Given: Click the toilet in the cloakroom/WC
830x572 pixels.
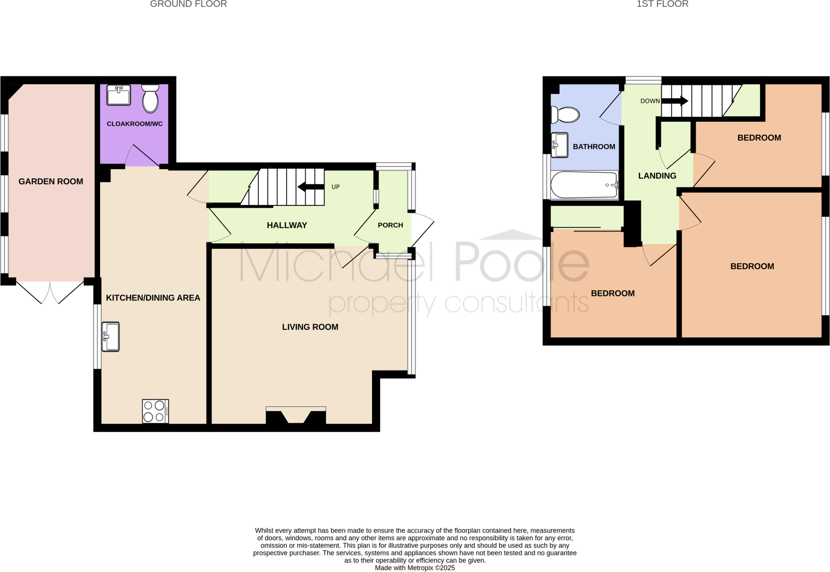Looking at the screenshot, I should (150, 99).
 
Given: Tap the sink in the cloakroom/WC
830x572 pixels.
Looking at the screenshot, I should (118, 95).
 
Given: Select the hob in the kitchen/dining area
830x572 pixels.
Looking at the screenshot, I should (155, 411).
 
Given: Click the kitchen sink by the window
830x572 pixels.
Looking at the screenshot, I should (110, 336).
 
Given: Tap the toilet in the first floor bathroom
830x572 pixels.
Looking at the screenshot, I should (566, 115).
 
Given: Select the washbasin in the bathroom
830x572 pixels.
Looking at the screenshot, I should (559, 145).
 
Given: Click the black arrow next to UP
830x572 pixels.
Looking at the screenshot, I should (311, 187).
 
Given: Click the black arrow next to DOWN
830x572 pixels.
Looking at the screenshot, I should (675, 101).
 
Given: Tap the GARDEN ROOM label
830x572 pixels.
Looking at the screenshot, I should (51, 182).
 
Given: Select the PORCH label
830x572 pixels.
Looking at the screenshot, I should (390, 225).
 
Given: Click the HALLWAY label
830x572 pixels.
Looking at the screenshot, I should (287, 225).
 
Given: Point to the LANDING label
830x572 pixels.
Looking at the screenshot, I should (657, 176).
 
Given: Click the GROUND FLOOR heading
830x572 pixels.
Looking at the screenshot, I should (188, 4).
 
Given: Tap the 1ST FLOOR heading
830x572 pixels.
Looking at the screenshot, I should (662, 4).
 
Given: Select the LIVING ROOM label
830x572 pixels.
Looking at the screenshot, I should (310, 327).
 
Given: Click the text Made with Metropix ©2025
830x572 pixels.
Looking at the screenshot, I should (415, 568).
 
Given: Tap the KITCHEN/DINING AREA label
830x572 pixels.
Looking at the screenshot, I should (153, 298).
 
